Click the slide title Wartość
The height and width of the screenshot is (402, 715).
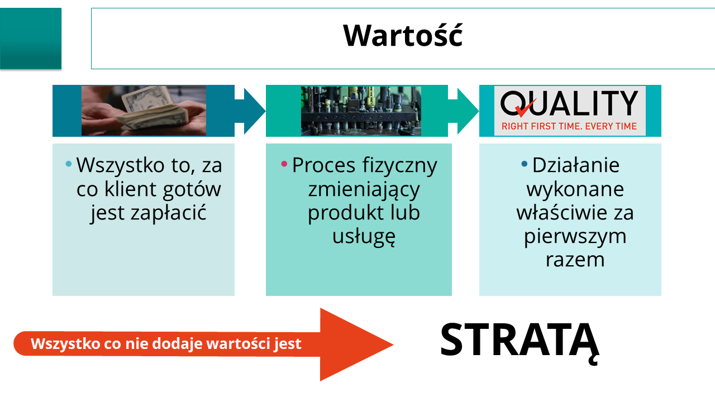(403, 36)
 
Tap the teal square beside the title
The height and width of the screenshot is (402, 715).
(31, 39)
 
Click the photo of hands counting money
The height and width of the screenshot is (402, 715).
(144, 111)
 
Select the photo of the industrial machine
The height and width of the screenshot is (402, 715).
(361, 111)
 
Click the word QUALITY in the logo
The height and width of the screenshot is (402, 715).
(569, 103)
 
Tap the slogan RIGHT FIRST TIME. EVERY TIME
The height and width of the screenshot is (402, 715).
(569, 126)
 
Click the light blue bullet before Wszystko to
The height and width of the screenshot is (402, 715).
(68, 164)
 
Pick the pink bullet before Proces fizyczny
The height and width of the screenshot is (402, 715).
(284, 164)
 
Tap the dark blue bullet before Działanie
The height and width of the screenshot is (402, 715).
(524, 164)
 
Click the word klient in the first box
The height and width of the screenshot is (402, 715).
(131, 189)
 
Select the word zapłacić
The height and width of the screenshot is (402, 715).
(169, 213)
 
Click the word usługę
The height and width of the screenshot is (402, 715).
(364, 237)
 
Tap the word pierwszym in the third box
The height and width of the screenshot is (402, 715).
(575, 237)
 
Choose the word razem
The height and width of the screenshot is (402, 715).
(575, 260)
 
